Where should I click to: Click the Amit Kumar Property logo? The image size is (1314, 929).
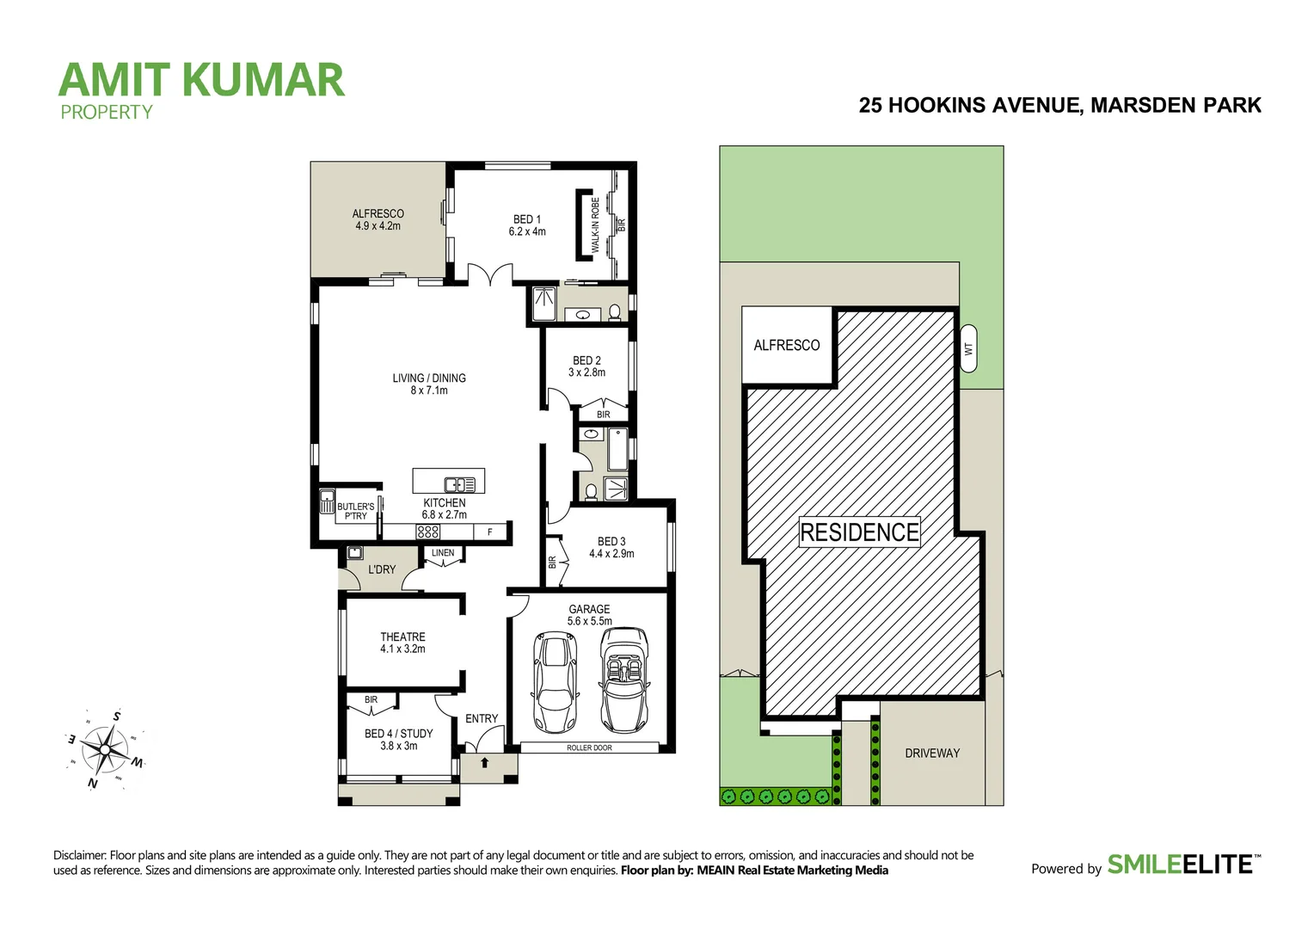201,88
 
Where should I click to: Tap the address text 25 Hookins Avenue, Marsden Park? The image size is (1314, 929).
1059,105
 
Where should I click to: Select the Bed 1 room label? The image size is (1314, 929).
527,225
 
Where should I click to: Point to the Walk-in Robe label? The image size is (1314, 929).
595,225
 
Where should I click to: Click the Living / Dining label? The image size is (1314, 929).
429,384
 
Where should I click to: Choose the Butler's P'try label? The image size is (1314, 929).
355,511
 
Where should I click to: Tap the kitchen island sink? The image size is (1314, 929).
459,484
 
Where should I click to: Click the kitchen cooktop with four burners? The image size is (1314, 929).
428,532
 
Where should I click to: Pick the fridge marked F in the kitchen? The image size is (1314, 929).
490,532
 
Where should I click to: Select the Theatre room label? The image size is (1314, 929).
402,643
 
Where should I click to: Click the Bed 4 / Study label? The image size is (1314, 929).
398,740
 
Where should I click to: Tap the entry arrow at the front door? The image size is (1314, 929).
485,762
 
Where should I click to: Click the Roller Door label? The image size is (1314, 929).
589,748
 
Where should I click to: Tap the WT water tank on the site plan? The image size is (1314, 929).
968,348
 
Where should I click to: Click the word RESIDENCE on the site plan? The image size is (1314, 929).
859,532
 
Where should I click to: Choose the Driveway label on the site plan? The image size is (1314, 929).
932,753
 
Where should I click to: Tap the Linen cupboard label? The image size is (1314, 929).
443,553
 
